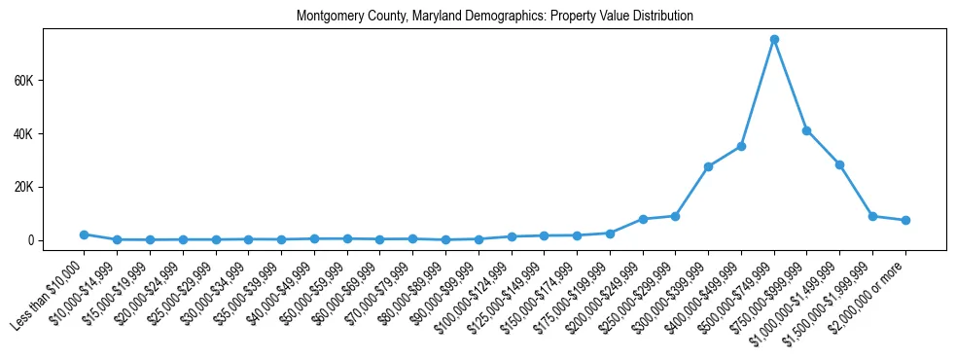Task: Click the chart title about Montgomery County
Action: (x=495, y=17)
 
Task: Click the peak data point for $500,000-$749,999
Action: (x=774, y=40)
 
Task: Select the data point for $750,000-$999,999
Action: (x=806, y=130)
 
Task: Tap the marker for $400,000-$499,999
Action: (x=741, y=146)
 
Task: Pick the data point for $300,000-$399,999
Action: (x=708, y=166)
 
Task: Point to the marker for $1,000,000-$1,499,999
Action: (x=839, y=164)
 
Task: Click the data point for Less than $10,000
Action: (x=85, y=234)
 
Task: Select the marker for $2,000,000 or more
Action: (x=905, y=220)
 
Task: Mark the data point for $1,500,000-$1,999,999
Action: (x=872, y=216)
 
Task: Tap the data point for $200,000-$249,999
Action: (x=643, y=219)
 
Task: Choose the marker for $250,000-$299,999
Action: (x=675, y=216)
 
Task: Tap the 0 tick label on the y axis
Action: (x=30, y=240)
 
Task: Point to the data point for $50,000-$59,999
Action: (x=347, y=238)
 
